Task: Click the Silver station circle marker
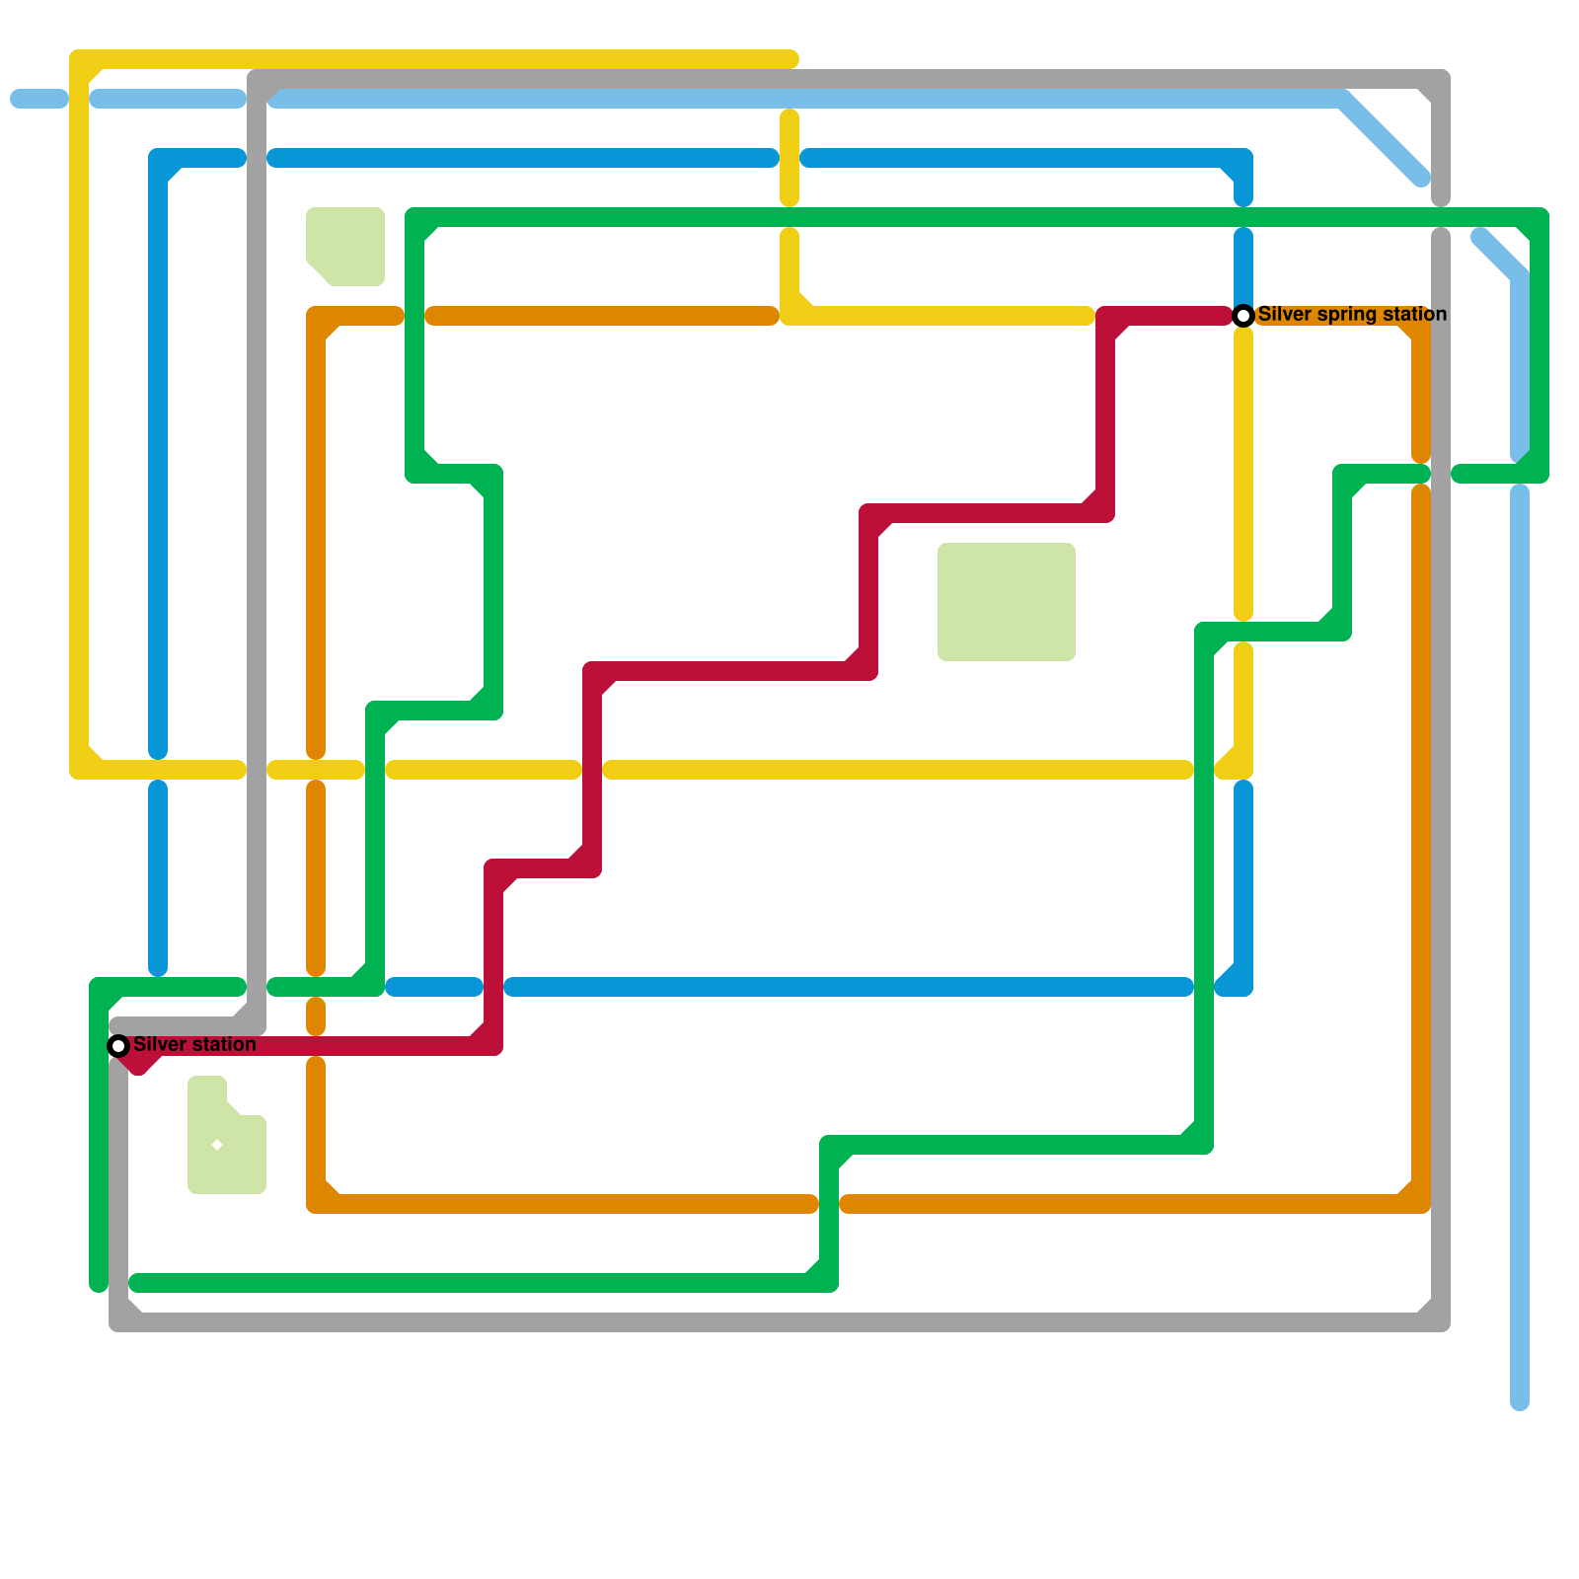(118, 1045)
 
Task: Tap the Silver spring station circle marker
(1243, 315)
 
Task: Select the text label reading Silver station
(194, 1044)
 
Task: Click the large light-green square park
(1006, 601)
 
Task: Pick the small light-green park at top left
(344, 246)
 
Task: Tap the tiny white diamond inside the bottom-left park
(217, 1145)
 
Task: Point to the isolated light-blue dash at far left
(39, 99)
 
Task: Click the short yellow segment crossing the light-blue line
(789, 158)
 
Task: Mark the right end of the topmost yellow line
(791, 59)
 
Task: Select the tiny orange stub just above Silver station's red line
(316, 1016)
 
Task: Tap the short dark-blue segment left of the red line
(434, 987)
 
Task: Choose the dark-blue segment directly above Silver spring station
(1243, 266)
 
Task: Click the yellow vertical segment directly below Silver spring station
(1243, 474)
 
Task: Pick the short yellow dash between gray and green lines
(316, 770)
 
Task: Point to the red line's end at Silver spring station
(1224, 316)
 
